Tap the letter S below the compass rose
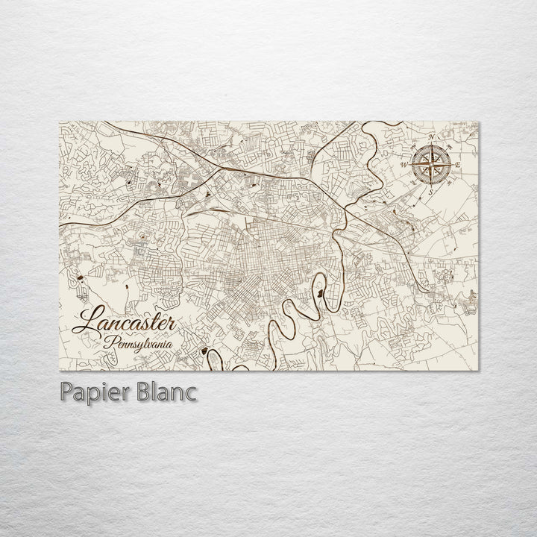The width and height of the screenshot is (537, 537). pos(431,192)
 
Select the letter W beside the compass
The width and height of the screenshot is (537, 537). pos(405,163)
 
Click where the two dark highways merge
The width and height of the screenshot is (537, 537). pos(216,170)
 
